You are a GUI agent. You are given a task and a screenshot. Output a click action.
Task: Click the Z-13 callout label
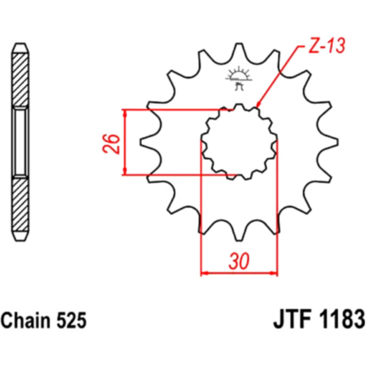pos(326,46)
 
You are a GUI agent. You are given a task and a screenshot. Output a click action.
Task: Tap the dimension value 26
pos(112,143)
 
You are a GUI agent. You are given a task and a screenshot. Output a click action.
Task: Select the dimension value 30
pos(239,261)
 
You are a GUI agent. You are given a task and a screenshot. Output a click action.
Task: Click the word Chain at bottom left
pos(26,320)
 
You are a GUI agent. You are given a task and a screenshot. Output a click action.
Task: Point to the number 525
pos(71,320)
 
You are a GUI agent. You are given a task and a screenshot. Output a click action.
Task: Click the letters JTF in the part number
pos(292,319)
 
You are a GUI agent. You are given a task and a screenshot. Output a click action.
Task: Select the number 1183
pos(341,319)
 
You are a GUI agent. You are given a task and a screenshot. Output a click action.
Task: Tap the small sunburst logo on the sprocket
pos(239,78)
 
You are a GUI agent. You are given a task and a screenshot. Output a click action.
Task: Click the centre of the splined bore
pos(239,142)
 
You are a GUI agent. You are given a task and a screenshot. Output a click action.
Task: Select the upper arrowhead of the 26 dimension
pos(125,113)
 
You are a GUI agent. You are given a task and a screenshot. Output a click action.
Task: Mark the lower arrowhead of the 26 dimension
pos(125,171)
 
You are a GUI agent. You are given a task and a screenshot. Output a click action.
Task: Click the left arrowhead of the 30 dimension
pos(204,273)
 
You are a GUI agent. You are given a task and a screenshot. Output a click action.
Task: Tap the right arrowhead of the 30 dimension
pos(274,273)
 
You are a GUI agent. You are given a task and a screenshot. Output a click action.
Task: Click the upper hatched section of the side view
pos(20,80)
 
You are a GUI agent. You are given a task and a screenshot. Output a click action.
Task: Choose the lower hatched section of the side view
pos(20,204)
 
